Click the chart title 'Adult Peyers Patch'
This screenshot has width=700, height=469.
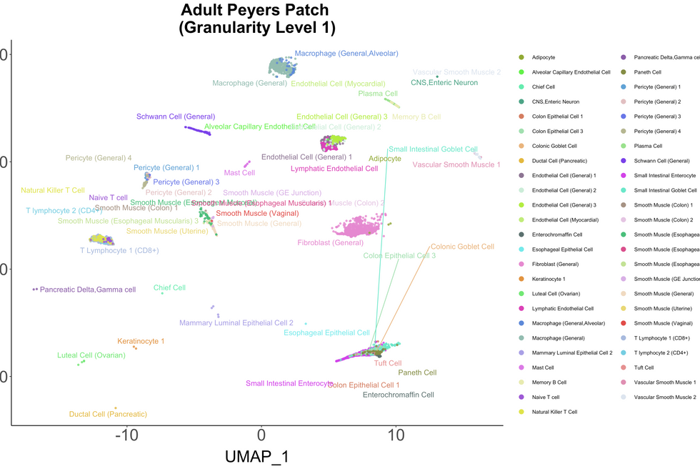[255, 11]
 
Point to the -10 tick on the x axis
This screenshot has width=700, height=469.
[127, 434]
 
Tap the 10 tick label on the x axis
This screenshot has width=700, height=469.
[395, 434]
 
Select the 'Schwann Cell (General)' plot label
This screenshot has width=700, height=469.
[176, 117]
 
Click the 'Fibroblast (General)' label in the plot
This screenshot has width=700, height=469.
[331, 243]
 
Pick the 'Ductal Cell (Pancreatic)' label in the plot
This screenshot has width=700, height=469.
[108, 414]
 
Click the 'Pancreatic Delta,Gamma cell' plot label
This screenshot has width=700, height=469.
[88, 290]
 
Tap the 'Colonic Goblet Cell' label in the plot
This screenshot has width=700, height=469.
[462, 247]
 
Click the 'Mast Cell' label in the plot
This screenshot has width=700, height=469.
[239, 172]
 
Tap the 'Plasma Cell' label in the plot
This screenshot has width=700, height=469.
[378, 94]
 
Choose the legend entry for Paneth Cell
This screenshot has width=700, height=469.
[647, 72]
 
